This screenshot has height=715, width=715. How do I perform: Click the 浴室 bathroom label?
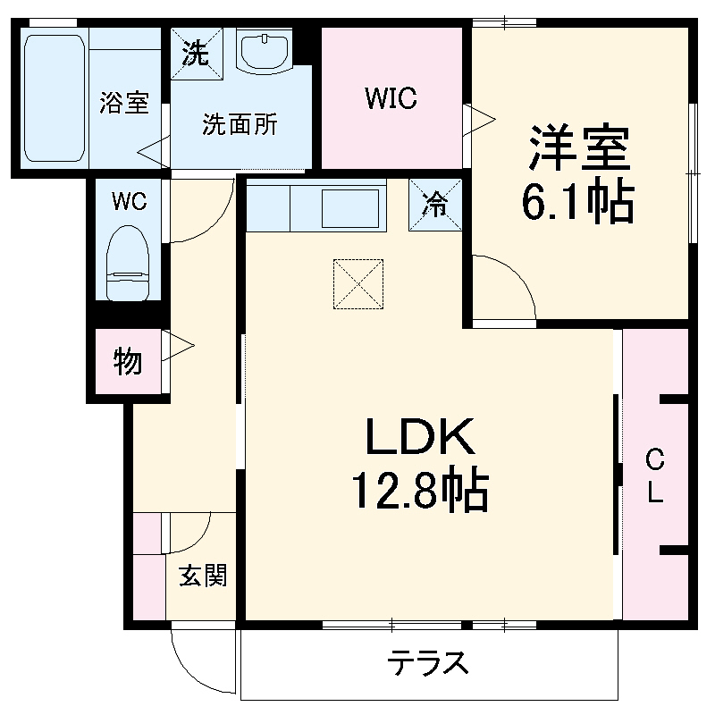click(x=124, y=103)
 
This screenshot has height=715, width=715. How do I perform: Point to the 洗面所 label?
click(x=239, y=125)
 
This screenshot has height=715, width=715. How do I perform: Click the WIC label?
click(x=391, y=98)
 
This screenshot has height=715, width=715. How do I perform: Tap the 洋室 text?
click(x=579, y=149)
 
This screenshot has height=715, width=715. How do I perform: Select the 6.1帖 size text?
click(x=579, y=204)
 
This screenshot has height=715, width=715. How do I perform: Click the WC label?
click(x=129, y=200)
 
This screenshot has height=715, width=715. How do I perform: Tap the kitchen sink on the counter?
click(x=349, y=207)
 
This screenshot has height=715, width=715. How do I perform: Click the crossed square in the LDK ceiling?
click(x=357, y=284)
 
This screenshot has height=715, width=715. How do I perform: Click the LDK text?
click(x=417, y=438)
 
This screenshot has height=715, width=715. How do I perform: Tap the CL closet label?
click(x=655, y=476)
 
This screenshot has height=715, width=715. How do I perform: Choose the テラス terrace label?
click(x=428, y=663)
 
